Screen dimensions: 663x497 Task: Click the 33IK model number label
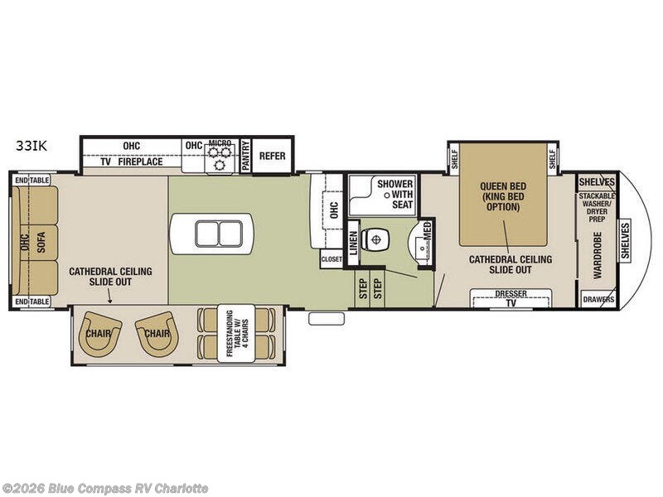tap(31, 147)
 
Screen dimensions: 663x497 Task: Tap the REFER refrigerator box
tap(273, 156)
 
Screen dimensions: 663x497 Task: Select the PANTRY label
tap(245, 156)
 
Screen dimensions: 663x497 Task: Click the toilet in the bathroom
tap(375, 240)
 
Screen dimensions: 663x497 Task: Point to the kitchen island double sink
tap(219, 234)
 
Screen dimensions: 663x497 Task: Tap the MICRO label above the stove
tap(220, 142)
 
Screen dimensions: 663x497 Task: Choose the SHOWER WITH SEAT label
tap(395, 195)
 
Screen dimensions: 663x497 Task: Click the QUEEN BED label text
tap(503, 186)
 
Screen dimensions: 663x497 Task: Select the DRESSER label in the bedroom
tap(511, 293)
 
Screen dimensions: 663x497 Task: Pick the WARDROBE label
tap(598, 255)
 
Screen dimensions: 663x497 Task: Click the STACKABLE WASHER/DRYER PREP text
tap(597, 208)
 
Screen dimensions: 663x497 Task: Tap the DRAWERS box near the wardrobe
tap(598, 299)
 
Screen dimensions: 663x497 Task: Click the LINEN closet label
tap(354, 243)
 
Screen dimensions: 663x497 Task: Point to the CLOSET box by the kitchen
tap(331, 259)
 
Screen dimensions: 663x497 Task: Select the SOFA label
tap(41, 242)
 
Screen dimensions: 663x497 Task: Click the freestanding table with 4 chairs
tap(236, 334)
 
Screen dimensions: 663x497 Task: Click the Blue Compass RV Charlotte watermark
tap(104, 489)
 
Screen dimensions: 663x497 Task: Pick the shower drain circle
tap(386, 195)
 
